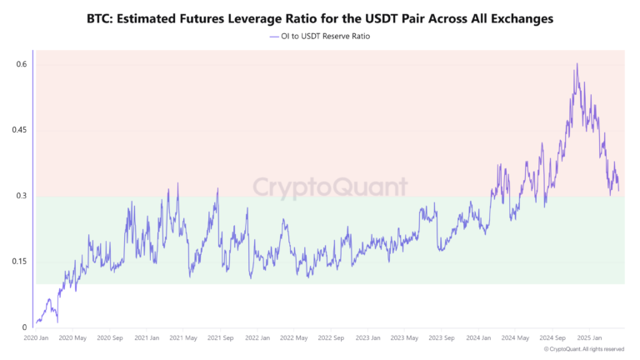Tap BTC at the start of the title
(x=100, y=17)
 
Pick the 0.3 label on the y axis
(x=22, y=196)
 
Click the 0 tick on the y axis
(x=25, y=327)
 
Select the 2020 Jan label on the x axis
(x=38, y=338)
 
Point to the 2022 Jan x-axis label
(x=257, y=338)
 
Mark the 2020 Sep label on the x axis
(x=110, y=338)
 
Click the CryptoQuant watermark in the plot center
(x=330, y=186)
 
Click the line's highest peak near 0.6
(x=576, y=64)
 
